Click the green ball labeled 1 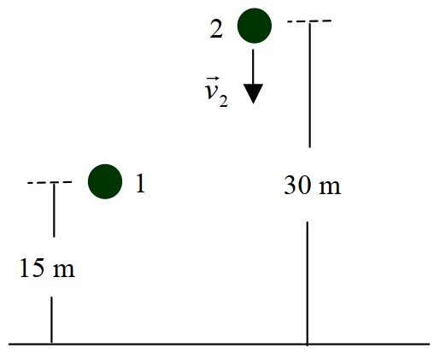coord(105,181)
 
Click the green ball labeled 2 coord(255,26)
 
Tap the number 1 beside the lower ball coord(140,184)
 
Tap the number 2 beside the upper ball coord(216,29)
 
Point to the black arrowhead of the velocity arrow coord(253,94)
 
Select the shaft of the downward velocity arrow coord(253,67)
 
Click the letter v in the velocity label coord(211,91)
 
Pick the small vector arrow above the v coord(213,79)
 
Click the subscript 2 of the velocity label coord(223,101)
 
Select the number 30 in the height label coord(297,185)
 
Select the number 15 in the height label coord(32,268)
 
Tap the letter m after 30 coord(330,187)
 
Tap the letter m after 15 coord(64,270)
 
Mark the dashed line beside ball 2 coord(309,21)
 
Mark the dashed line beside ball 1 coord(50,182)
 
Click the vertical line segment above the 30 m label coord(310,85)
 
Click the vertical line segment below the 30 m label coord(308,284)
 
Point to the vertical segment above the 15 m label coord(54,210)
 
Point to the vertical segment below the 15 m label coord(51,320)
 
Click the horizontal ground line coord(219,344)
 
